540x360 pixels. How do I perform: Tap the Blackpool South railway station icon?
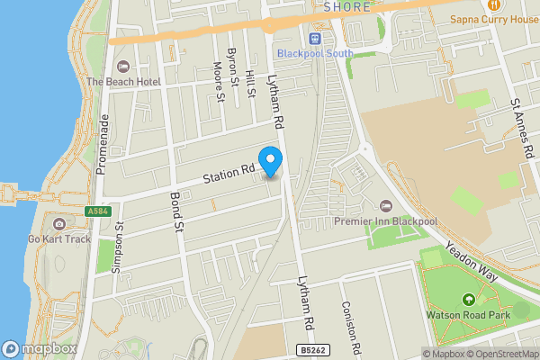click(314, 39)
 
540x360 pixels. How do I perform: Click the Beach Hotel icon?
click(122, 66)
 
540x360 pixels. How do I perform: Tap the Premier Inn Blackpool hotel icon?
click(387, 206)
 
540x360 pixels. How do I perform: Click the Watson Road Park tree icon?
click(468, 300)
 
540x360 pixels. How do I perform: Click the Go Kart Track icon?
click(59, 223)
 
